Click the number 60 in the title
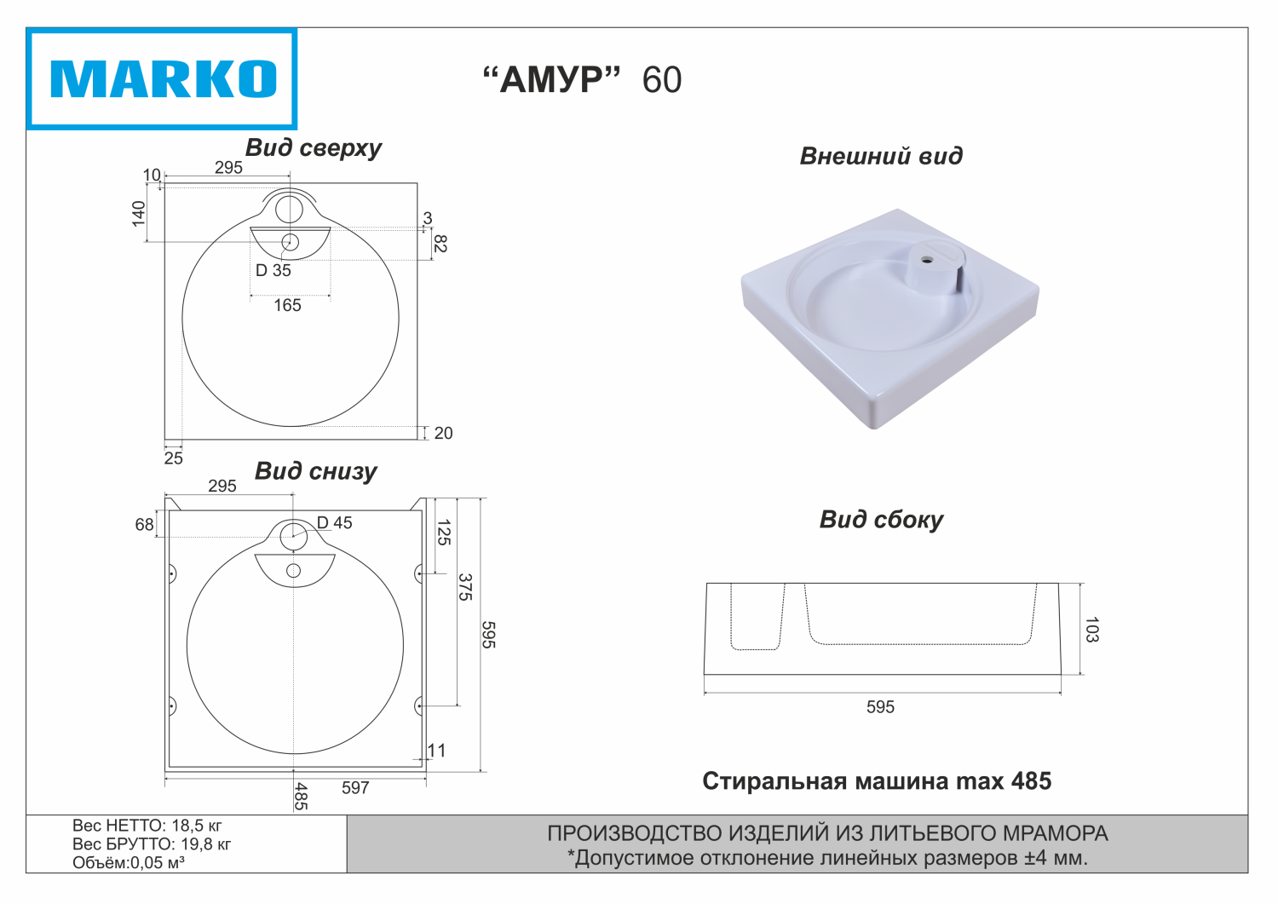tap(662, 80)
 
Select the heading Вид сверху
tap(314, 147)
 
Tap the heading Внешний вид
tap(881, 156)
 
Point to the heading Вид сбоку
tap(881, 520)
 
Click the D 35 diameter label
tap(273, 270)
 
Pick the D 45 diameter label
tap(334, 522)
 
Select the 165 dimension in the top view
tap(287, 305)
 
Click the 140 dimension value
tap(139, 214)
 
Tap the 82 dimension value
tap(440, 244)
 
